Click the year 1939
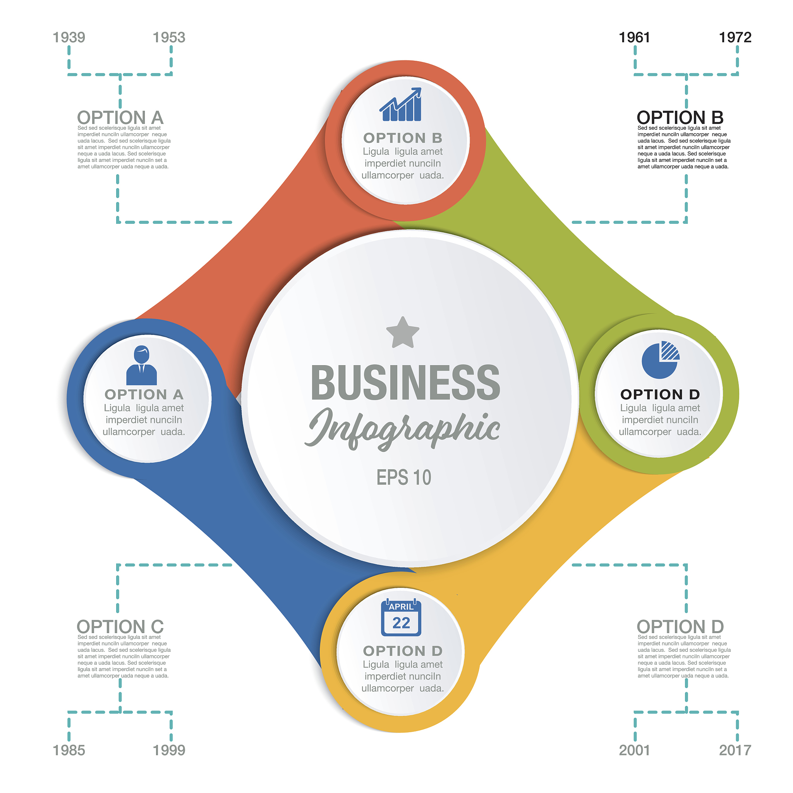69,37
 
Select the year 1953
169,37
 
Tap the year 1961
634,37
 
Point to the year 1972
735,37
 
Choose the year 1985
69,750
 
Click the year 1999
169,750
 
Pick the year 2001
634,750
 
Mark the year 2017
735,750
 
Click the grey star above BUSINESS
403,333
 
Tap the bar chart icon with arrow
401,105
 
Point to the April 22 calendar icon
401,618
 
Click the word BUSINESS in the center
405,383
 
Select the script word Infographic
403,429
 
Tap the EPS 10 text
404,477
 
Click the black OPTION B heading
680,118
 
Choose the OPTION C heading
120,627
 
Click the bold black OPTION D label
660,395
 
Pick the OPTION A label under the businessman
144,395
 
